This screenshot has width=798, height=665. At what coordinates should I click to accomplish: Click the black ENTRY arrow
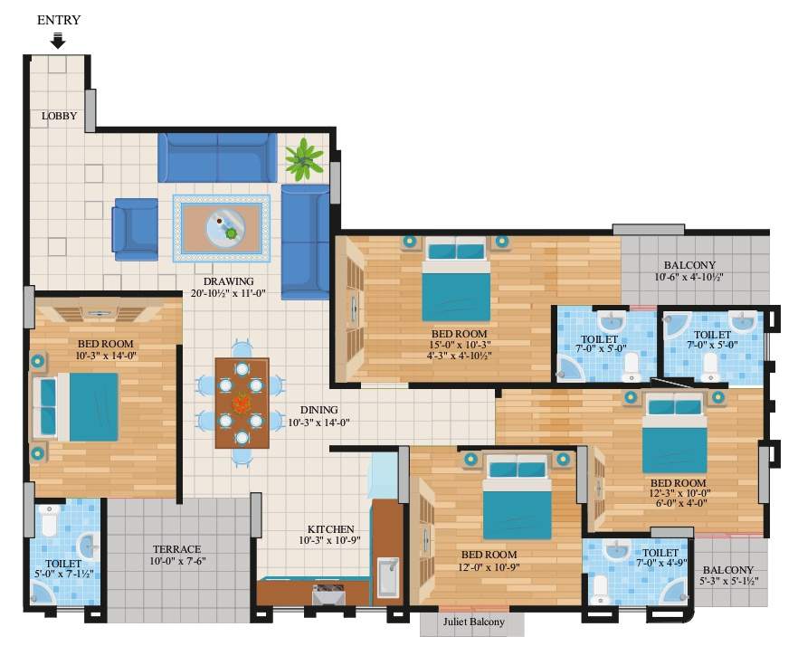[x=58, y=40]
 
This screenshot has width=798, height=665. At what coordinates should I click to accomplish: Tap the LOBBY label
[x=59, y=117]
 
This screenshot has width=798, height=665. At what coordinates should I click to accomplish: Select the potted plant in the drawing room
[x=304, y=159]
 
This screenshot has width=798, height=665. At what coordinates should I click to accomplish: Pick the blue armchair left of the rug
[x=135, y=229]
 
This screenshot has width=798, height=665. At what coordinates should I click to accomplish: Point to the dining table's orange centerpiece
[x=242, y=404]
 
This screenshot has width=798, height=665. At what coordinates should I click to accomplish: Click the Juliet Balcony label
[x=473, y=622]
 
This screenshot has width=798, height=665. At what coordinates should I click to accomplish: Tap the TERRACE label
[x=176, y=549]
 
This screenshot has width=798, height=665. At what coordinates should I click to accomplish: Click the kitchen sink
[x=388, y=577]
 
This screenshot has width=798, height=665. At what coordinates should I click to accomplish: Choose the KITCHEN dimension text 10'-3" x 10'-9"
[x=330, y=542]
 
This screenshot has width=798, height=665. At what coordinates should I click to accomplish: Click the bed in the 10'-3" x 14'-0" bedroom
[x=82, y=407]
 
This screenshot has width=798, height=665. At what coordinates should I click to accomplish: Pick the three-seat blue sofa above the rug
[x=218, y=157]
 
